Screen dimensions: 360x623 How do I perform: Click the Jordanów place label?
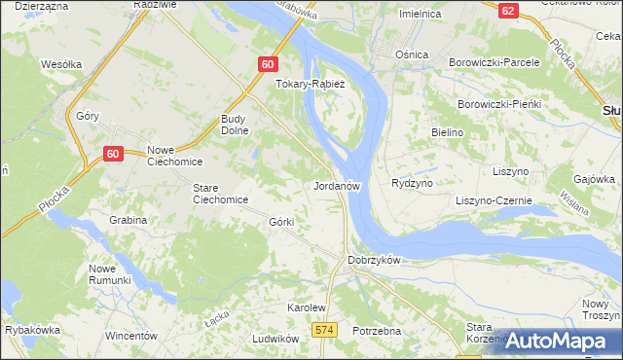coord(338,185)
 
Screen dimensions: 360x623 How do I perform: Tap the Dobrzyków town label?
coord(375,260)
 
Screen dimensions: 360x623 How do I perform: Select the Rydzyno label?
coord(411,183)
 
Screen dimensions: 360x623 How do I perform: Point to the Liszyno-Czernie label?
coord(494,200)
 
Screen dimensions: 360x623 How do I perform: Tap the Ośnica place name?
coord(411,54)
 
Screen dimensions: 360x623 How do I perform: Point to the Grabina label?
coord(128,220)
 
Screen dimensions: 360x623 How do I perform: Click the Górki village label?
coord(281,222)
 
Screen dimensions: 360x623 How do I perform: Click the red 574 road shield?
coord(325,331)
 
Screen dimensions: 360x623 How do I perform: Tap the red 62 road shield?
coord(507,10)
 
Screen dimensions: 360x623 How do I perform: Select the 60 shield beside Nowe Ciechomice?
coord(113,154)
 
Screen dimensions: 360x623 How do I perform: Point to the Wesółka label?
coord(60,65)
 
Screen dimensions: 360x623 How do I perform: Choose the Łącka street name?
coord(216,319)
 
